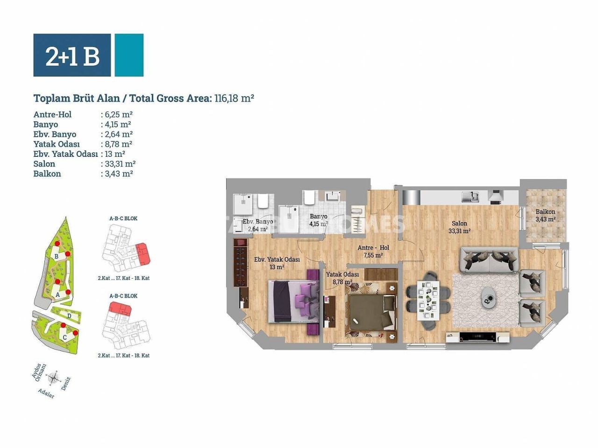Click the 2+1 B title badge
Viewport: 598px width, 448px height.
point(72,55)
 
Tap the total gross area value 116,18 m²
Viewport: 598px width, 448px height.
point(234,98)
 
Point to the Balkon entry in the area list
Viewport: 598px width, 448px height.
point(47,174)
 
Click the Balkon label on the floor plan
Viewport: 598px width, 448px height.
point(546,212)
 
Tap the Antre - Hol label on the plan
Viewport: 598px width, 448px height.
point(373,248)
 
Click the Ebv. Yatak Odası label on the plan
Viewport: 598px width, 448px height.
point(277,259)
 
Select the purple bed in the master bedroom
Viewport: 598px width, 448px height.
point(292,301)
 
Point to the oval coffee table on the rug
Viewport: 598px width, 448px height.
point(490,296)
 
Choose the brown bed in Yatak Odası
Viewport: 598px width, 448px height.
point(371,311)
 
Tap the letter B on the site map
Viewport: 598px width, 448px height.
point(57,256)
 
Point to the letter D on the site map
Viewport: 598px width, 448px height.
point(69,316)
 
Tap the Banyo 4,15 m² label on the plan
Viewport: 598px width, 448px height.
point(319,220)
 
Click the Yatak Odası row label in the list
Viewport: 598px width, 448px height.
point(57,144)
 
